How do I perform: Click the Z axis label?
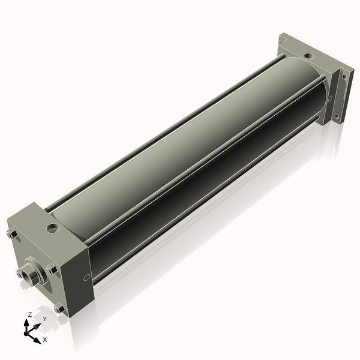click(x=29, y=314)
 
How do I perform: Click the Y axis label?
click(x=45, y=319)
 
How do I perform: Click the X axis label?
click(x=45, y=340)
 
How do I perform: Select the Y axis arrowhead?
click(x=37, y=326)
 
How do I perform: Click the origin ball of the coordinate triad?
click(x=26, y=333)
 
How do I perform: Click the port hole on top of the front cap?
click(x=53, y=228)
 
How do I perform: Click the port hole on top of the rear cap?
click(x=309, y=56)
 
